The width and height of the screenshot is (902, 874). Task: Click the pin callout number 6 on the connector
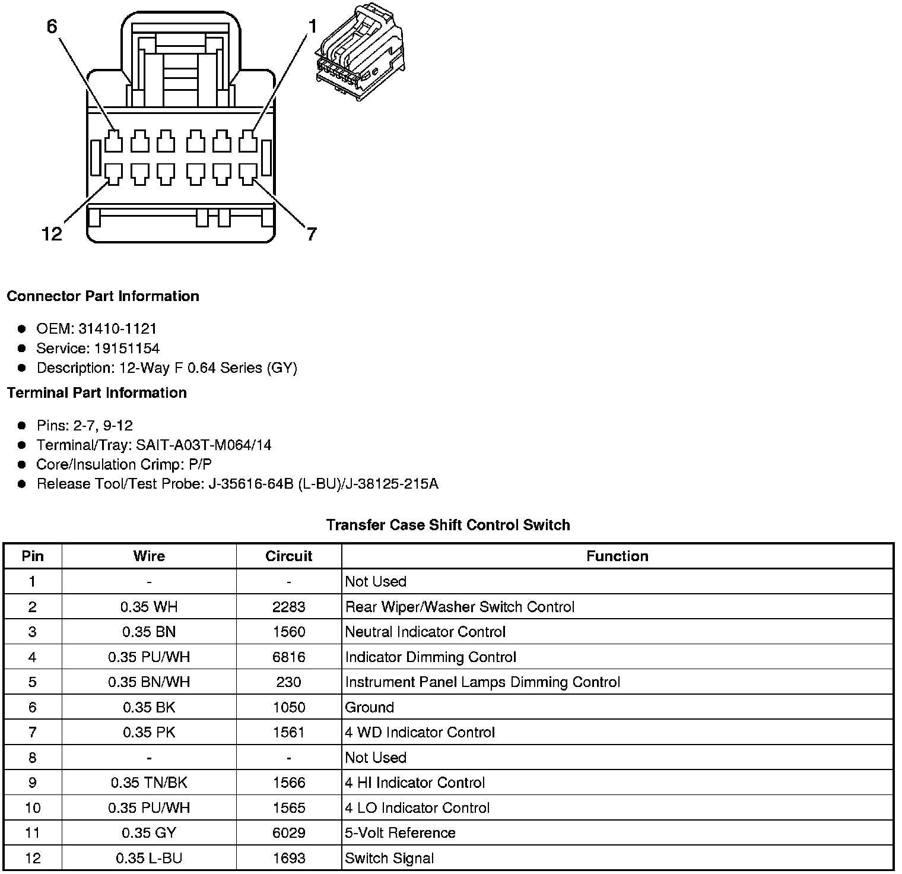pyautogui.click(x=52, y=27)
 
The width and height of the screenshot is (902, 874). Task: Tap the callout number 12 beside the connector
pyautogui.click(x=52, y=234)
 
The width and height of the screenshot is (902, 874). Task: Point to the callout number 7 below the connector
pyautogui.click(x=312, y=234)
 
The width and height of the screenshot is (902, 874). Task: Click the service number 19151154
pyautogui.click(x=127, y=348)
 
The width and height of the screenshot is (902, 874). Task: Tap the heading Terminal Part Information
pyautogui.click(x=97, y=392)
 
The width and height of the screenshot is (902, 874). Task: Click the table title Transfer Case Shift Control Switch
pyautogui.click(x=448, y=525)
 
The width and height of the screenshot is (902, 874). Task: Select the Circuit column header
pyautogui.click(x=288, y=556)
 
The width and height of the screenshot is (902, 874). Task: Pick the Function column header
pyautogui.click(x=617, y=556)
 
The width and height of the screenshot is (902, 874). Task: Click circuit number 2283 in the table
pyautogui.click(x=288, y=607)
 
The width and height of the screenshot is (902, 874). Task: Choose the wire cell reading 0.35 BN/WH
pyautogui.click(x=149, y=682)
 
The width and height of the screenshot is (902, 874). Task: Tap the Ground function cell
pyautogui.click(x=370, y=707)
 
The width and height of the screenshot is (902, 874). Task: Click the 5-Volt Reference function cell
pyautogui.click(x=401, y=832)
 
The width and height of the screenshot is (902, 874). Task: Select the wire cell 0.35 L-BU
pyautogui.click(x=149, y=858)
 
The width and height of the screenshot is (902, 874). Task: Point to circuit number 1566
pyautogui.click(x=288, y=783)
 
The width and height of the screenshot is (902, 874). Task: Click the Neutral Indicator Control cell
pyautogui.click(x=425, y=632)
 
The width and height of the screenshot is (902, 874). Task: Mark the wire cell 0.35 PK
pyautogui.click(x=149, y=732)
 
